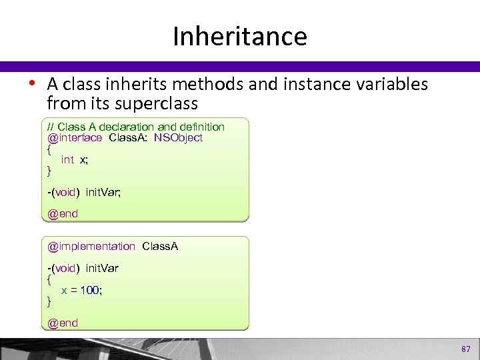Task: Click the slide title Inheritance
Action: coord(239,36)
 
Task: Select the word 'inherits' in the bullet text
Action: coord(133,85)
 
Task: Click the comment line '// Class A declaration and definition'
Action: coord(136,127)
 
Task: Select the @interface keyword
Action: coord(75,138)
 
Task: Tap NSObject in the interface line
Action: coord(178,138)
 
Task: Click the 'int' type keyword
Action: coord(67,159)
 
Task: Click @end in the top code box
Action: coord(63,214)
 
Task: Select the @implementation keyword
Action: coord(91,247)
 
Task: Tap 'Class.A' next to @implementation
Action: coord(159,247)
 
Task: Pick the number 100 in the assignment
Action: coord(90,291)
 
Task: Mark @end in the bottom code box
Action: coord(63,323)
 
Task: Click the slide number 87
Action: coord(465,349)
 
